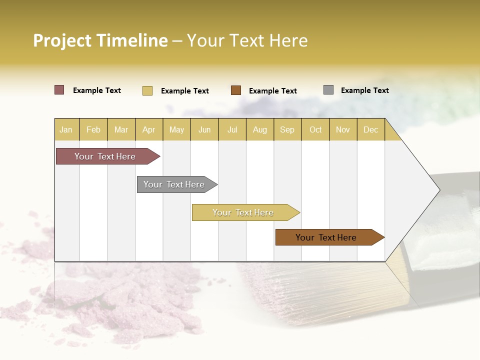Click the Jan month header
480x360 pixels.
66,129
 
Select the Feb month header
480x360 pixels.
93,129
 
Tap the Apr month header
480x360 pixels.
148,129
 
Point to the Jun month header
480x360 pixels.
204,129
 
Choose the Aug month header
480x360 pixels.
259,129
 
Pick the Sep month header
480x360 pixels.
287,129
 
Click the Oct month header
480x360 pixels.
315,129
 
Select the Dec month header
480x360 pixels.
370,129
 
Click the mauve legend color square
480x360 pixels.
59,90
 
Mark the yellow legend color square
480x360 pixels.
147,90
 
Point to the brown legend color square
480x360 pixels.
236,90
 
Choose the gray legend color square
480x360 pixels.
328,90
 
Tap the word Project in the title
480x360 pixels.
62,40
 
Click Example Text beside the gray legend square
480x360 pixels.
364,90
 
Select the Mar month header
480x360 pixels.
121,129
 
